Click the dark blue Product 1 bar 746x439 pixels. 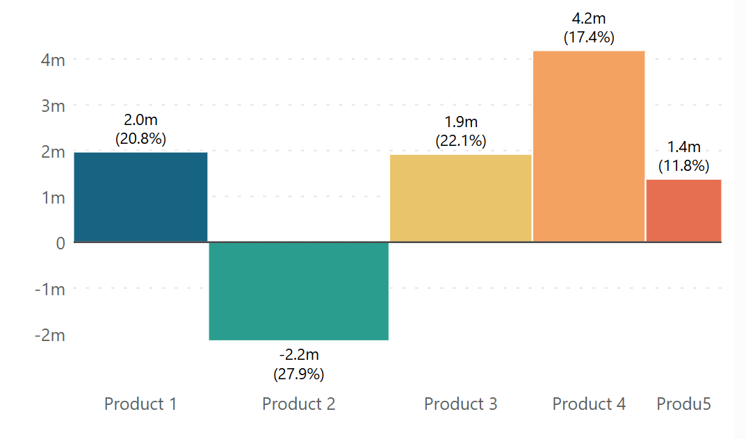coord(140,197)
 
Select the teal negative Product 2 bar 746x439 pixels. coord(299,291)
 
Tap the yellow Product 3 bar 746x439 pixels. coord(460,198)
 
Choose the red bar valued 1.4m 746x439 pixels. coord(683,210)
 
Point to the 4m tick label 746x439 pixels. coord(53,60)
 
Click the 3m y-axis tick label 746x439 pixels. coord(53,106)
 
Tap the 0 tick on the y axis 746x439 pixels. coord(60,242)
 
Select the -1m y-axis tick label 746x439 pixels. coord(49,289)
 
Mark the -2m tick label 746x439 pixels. coord(49,335)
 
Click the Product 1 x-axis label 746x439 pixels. coord(140,404)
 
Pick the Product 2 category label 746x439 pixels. coord(299,404)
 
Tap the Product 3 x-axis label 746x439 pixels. coord(461,404)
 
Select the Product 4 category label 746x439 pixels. coord(589,404)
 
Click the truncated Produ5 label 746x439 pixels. coord(684,404)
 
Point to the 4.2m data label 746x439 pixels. coord(589,19)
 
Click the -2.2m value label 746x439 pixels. coord(299,357)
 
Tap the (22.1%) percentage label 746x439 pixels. coord(461,140)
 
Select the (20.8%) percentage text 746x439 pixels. coord(140,138)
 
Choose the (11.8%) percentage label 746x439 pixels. coord(684,165)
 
